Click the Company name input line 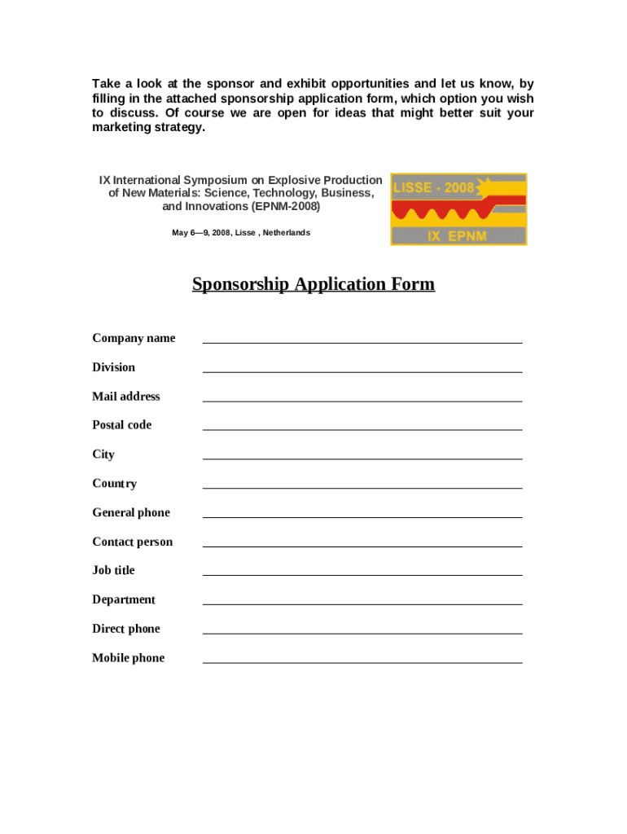(x=362, y=339)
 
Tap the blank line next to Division (x=362, y=368)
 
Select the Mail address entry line (x=362, y=397)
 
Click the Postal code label (x=121, y=425)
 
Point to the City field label (x=103, y=454)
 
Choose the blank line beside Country (x=362, y=485)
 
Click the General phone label (x=131, y=512)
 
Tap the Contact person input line (x=362, y=542)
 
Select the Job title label (x=113, y=570)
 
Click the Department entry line (x=362, y=600)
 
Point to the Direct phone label (x=126, y=629)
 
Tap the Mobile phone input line (x=362, y=659)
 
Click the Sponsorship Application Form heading (x=313, y=284)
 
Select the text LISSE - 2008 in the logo (x=433, y=187)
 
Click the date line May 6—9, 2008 (x=241, y=233)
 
